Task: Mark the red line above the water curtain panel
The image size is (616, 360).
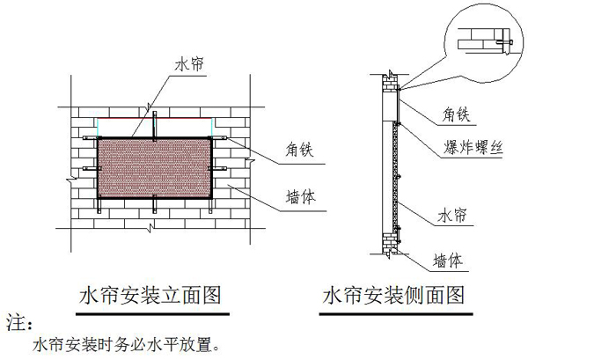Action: point(153,118)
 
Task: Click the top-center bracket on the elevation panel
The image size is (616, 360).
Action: point(153,123)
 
